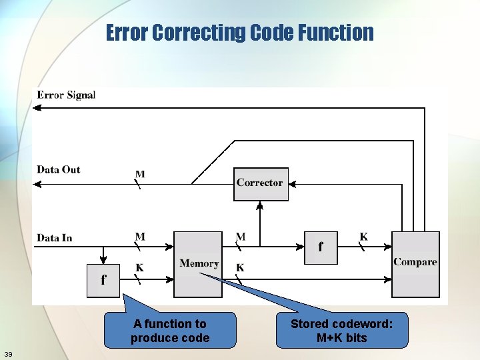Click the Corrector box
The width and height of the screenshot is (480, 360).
click(261, 184)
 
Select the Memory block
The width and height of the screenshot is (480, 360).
click(198, 264)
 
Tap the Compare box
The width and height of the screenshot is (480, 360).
click(415, 263)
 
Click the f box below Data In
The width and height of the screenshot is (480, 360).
click(103, 280)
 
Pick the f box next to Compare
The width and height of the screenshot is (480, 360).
click(321, 247)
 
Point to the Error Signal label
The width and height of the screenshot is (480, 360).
click(66, 95)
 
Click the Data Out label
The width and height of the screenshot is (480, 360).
click(58, 169)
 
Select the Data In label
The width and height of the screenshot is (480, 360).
click(54, 238)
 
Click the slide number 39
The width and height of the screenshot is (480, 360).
click(8, 353)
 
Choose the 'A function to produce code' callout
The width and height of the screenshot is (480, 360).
click(170, 331)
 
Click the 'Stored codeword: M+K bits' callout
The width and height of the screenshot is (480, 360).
click(341, 331)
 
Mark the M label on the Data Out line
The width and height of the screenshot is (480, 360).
click(140, 175)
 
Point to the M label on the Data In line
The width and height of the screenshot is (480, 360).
click(140, 237)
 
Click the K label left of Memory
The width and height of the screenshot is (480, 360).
click(140, 268)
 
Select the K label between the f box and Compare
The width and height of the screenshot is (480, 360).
click(363, 237)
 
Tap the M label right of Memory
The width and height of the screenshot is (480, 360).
click(241, 237)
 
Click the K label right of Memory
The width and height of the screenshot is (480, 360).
click(240, 268)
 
